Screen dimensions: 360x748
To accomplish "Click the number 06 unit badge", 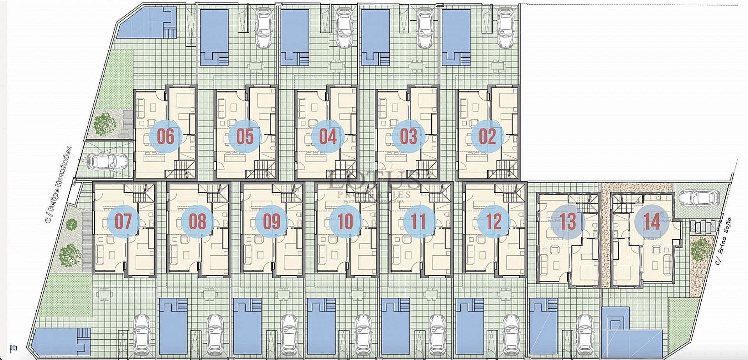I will [166, 136].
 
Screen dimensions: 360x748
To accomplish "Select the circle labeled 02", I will [487, 136].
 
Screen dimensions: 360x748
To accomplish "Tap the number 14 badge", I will [652, 222].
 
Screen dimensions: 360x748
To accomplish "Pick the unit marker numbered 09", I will [272, 222].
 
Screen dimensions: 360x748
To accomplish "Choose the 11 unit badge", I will [419, 222].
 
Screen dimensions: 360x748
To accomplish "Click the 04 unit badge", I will [328, 136].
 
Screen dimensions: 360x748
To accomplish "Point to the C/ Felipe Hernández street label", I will [58, 185].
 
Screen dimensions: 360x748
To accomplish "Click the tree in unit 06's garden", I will [105, 123].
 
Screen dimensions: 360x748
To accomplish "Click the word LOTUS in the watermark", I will [374, 181].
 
